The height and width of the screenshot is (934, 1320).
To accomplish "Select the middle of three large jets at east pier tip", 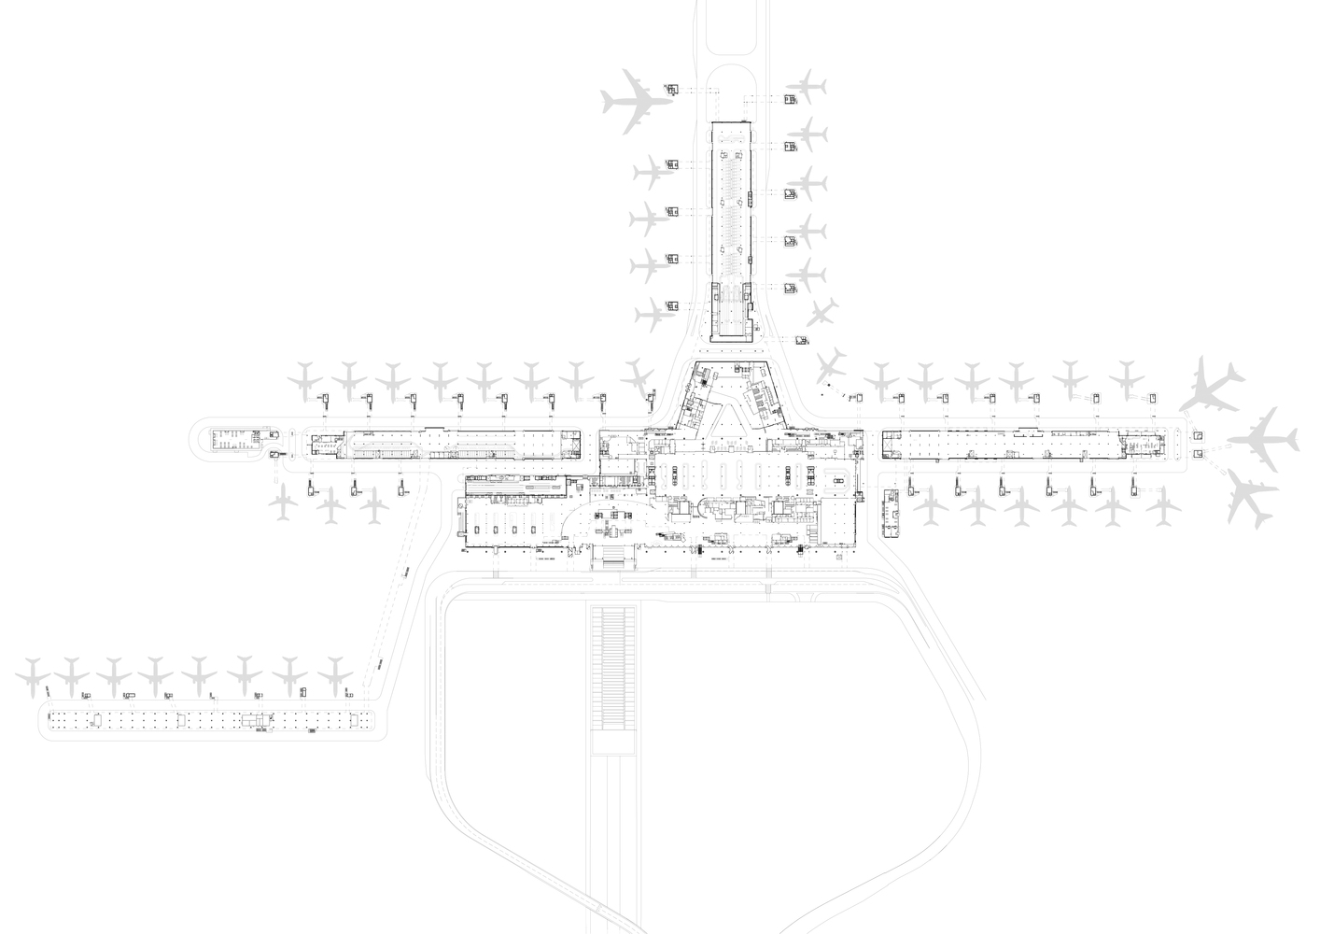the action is [1262, 439].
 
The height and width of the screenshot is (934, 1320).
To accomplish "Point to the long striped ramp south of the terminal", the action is [612, 667].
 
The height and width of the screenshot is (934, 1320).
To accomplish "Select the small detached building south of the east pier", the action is [891, 512].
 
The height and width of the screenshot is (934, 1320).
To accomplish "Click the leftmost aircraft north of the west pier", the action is [305, 377].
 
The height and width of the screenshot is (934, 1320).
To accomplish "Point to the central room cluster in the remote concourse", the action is [253, 721].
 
